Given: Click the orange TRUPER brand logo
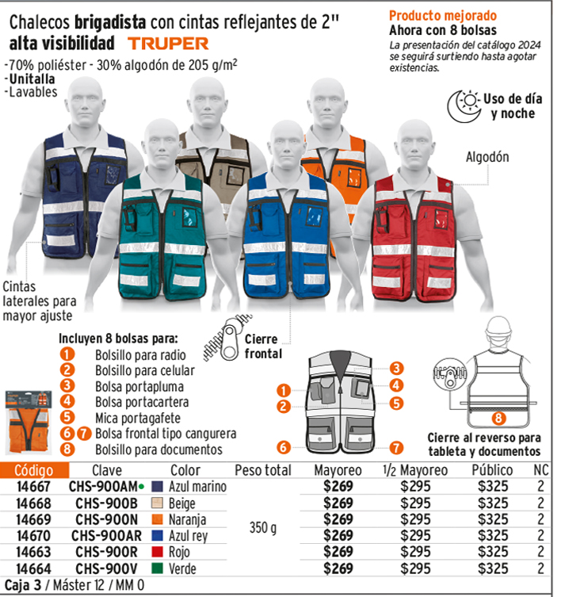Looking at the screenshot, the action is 168,44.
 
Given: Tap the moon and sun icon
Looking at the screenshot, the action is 464,106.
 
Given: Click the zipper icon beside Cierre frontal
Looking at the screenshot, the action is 227,337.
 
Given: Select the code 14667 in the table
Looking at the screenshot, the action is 33,486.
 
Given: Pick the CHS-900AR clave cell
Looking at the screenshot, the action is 106,536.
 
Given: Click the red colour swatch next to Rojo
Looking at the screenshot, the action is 157,552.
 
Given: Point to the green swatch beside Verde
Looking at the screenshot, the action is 157,568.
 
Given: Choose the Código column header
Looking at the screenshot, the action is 34,470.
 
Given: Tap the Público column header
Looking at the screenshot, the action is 492,470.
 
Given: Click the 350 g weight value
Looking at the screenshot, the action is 262,528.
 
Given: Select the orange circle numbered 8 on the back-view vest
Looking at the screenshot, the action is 498,418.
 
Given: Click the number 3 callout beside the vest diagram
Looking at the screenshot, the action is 396,368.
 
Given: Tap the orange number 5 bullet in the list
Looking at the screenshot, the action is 67,417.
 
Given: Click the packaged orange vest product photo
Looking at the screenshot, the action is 29,423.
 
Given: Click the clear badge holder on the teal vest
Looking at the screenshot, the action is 189,216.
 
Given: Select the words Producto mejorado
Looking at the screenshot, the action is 443,16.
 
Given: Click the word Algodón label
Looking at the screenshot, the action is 487,157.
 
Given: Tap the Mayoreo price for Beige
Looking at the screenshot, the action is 338,503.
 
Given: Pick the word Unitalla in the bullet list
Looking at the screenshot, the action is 32,78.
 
